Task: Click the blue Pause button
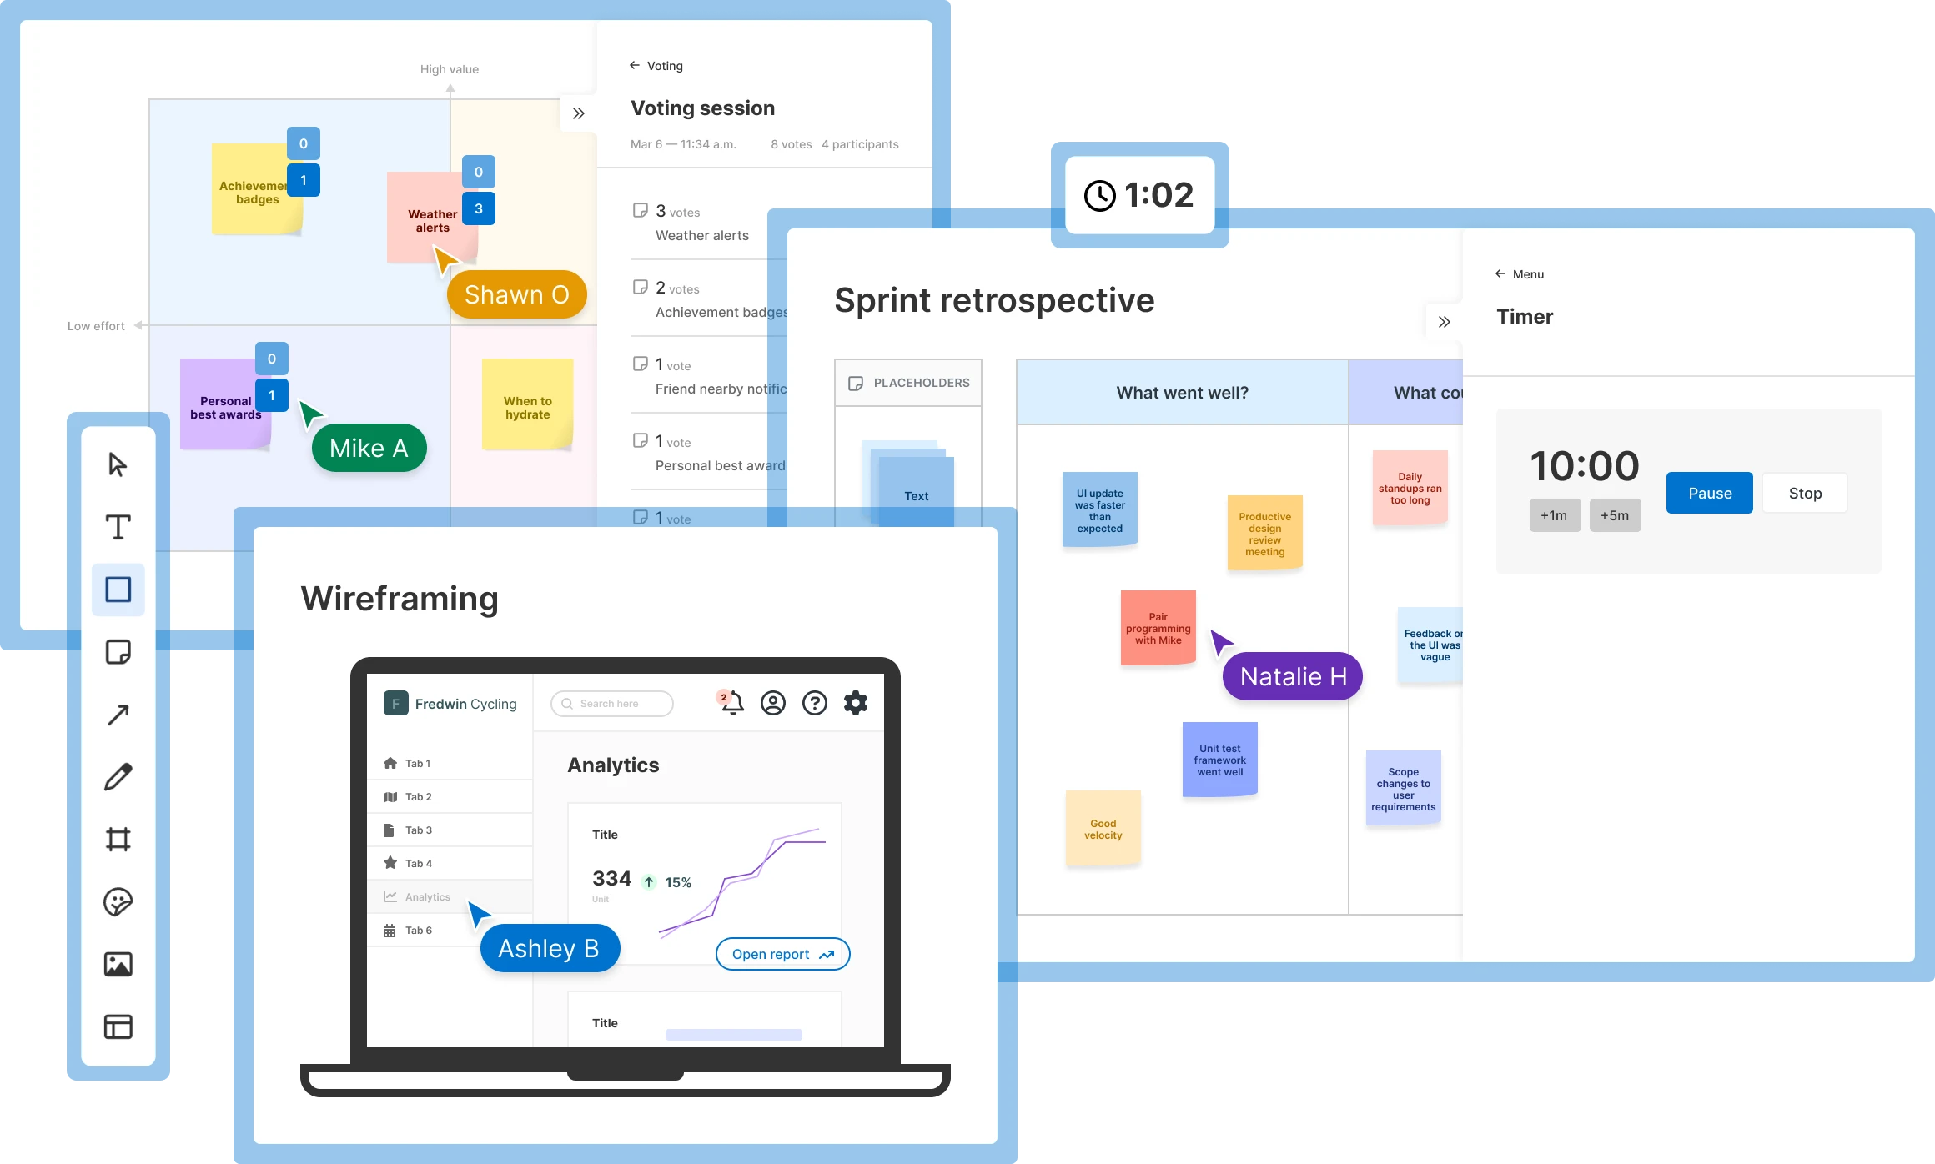[1709, 493]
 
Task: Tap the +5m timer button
[1615, 515]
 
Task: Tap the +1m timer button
[1554, 515]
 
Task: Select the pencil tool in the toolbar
[118, 776]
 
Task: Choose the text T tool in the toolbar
[118, 527]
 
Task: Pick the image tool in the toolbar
[118, 964]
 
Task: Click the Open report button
[782, 954]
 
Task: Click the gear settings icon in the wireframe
[856, 703]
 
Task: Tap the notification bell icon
[732, 703]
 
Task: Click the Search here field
[612, 704]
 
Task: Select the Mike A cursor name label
[369, 449]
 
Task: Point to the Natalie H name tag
[1293, 676]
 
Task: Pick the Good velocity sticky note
[1103, 829]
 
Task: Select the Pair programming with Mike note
[1158, 628]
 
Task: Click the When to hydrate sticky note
[527, 405]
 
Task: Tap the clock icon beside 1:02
[1099, 196]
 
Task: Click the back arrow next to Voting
[635, 65]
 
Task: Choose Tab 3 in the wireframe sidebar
[419, 830]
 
